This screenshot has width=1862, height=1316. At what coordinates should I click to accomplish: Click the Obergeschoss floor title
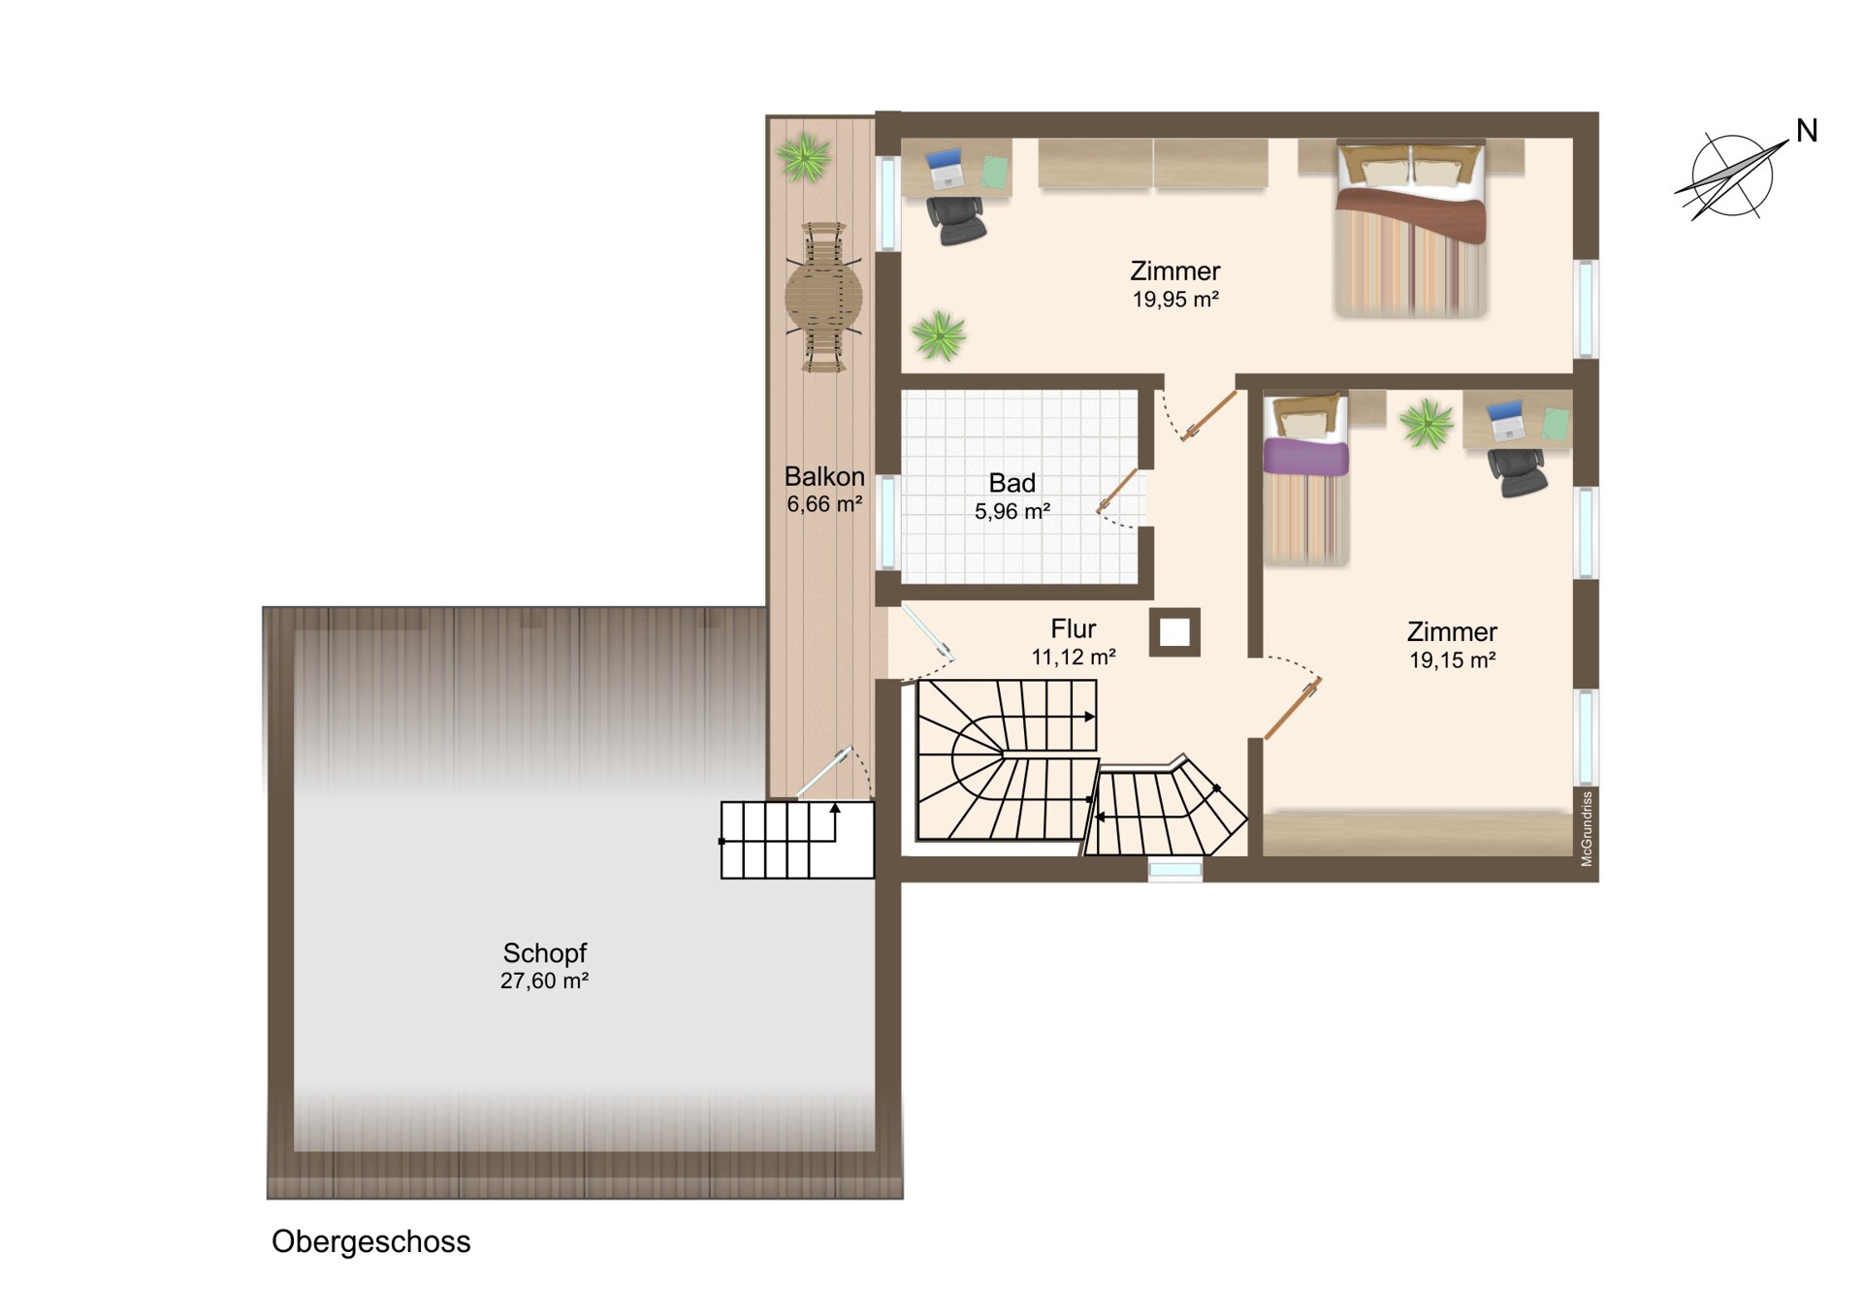370,1241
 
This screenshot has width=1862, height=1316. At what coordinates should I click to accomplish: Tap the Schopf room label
544,953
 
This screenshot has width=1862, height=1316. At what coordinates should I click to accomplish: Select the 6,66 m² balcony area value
824,504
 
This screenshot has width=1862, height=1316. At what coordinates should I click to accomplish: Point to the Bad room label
1011,483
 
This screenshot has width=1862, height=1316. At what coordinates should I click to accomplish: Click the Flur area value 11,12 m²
1073,658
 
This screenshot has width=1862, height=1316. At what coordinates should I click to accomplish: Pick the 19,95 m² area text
1175,300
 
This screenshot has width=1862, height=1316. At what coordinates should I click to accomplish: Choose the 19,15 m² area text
1452,660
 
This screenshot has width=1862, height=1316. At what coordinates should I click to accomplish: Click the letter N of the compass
1806,131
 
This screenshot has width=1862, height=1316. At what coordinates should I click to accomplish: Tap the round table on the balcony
823,298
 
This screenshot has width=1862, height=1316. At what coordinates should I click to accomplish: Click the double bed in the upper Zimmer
1411,229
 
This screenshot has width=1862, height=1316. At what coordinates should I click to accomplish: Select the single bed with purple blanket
1305,479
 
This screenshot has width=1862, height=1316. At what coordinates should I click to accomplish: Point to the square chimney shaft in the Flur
1174,632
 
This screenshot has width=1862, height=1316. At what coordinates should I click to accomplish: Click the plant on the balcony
804,157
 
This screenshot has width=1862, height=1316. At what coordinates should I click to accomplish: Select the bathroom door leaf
1117,492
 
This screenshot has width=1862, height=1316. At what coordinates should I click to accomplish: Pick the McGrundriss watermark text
1587,828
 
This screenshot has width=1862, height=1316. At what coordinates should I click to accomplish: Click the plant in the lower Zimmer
1427,423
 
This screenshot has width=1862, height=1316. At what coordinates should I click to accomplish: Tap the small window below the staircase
1175,870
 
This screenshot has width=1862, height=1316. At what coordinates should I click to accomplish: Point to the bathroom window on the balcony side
887,522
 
